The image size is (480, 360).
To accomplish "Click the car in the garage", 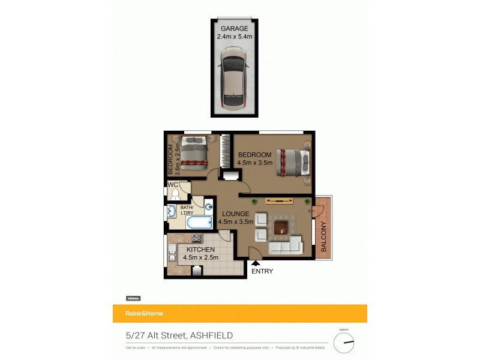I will click(x=234, y=77).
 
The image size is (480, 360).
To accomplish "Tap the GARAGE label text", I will click(x=234, y=28).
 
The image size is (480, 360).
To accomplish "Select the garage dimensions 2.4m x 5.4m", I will click(x=234, y=37).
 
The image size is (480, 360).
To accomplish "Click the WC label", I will click(x=172, y=185).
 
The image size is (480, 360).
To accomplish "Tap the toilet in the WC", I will click(x=175, y=194).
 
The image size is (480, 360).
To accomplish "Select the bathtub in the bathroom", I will click(x=199, y=223).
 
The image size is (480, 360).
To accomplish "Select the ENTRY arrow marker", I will click(x=256, y=262).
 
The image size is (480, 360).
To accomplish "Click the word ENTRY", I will click(x=262, y=271).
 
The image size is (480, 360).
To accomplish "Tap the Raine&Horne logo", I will click(x=144, y=313).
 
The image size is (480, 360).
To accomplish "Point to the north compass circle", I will click(x=344, y=343).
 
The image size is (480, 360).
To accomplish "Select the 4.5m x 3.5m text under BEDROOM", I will click(x=254, y=163).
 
